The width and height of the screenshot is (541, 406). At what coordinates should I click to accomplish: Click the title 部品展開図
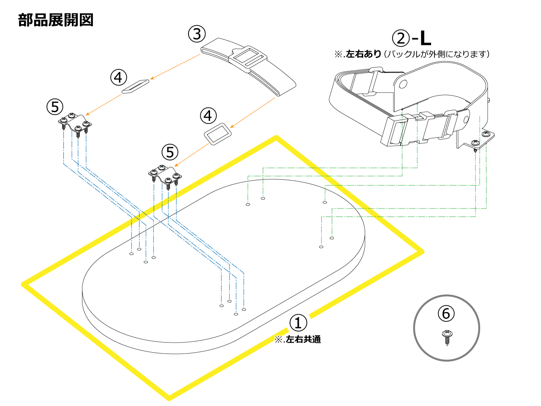[x=56, y=20]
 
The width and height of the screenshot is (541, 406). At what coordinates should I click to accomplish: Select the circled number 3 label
[x=197, y=34]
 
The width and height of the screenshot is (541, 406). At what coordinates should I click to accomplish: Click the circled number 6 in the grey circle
[x=446, y=314]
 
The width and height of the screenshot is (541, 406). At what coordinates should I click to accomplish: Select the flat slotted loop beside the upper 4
[x=136, y=85]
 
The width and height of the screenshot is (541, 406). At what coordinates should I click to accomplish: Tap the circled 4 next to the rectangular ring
[x=208, y=115]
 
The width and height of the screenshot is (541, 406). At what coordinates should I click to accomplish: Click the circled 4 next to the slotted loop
[x=119, y=77]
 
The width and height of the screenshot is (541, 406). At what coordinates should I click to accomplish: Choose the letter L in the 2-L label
[x=425, y=38]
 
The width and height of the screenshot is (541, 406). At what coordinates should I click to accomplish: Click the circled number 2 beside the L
[x=401, y=38]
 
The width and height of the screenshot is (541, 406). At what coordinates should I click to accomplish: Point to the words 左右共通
[x=303, y=340]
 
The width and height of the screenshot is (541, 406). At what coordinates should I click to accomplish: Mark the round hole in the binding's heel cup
[x=403, y=85]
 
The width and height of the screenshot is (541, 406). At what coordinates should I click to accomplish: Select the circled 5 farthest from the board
[x=55, y=107]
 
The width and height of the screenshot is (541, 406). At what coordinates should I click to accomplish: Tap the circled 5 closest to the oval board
[x=170, y=152]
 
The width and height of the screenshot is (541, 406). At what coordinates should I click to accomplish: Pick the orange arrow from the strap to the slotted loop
[x=175, y=66]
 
